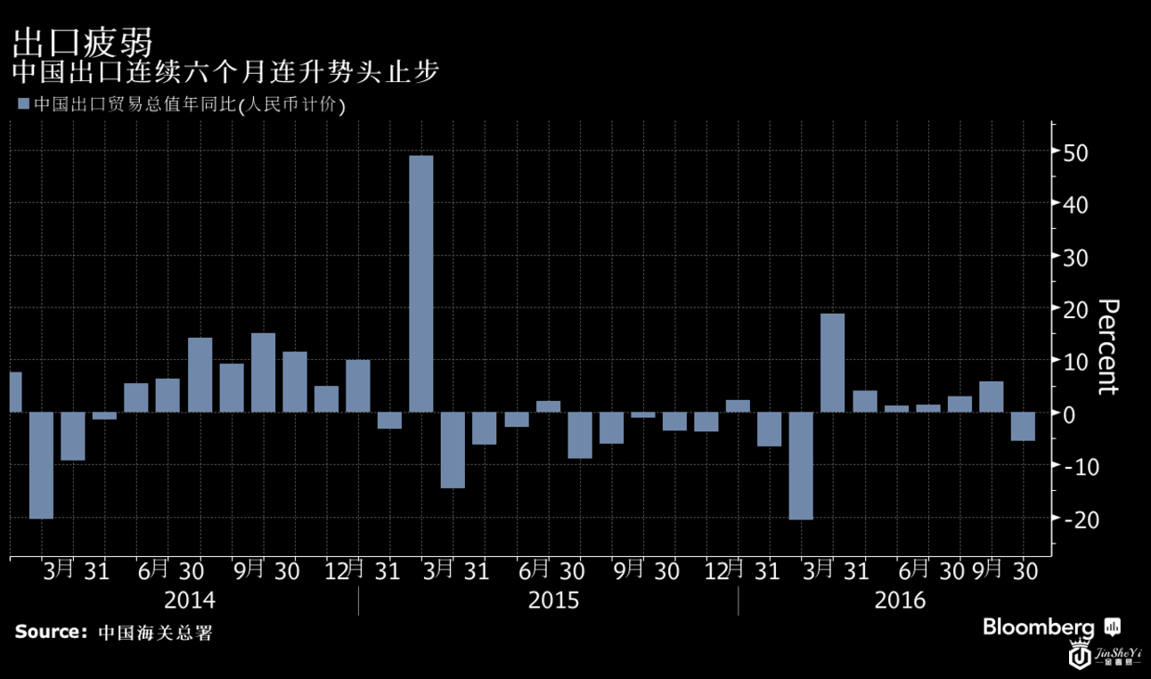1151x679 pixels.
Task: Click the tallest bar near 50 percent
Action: click(x=420, y=283)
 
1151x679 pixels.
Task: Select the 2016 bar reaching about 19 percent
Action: click(x=832, y=363)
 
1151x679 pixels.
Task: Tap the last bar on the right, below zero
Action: click(x=1023, y=426)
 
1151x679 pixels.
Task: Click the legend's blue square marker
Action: click(x=23, y=104)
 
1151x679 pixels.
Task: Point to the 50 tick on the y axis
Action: click(x=1075, y=152)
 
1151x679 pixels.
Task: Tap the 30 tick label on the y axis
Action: click(x=1075, y=258)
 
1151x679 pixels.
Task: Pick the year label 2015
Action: click(x=553, y=601)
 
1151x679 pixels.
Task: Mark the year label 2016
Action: click(x=900, y=601)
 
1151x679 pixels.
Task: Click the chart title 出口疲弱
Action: click(x=82, y=42)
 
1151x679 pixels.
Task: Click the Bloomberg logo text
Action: click(x=1038, y=627)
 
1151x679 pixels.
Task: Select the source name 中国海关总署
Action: click(x=155, y=634)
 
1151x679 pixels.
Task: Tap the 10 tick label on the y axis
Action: click(x=1075, y=362)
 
